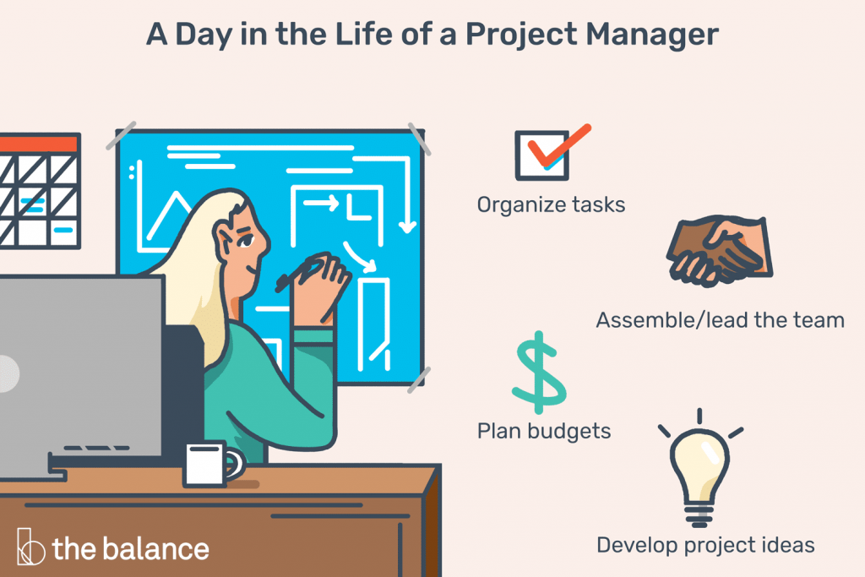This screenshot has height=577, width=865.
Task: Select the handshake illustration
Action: click(720, 251)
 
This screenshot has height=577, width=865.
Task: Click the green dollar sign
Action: click(539, 373)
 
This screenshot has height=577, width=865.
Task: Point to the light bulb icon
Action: click(699, 469)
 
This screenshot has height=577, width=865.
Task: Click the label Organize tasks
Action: click(551, 204)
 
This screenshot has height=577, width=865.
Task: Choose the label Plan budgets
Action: click(544, 431)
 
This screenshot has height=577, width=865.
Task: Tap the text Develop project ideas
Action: click(705, 545)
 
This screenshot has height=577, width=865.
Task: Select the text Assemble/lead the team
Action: click(720, 320)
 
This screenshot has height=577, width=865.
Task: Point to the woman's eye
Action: click(245, 241)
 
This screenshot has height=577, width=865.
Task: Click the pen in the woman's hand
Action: click(298, 275)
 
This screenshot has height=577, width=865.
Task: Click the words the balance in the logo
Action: click(131, 549)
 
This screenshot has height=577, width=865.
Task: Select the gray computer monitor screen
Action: click(81, 367)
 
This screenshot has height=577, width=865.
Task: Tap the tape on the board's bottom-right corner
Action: click(419, 380)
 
